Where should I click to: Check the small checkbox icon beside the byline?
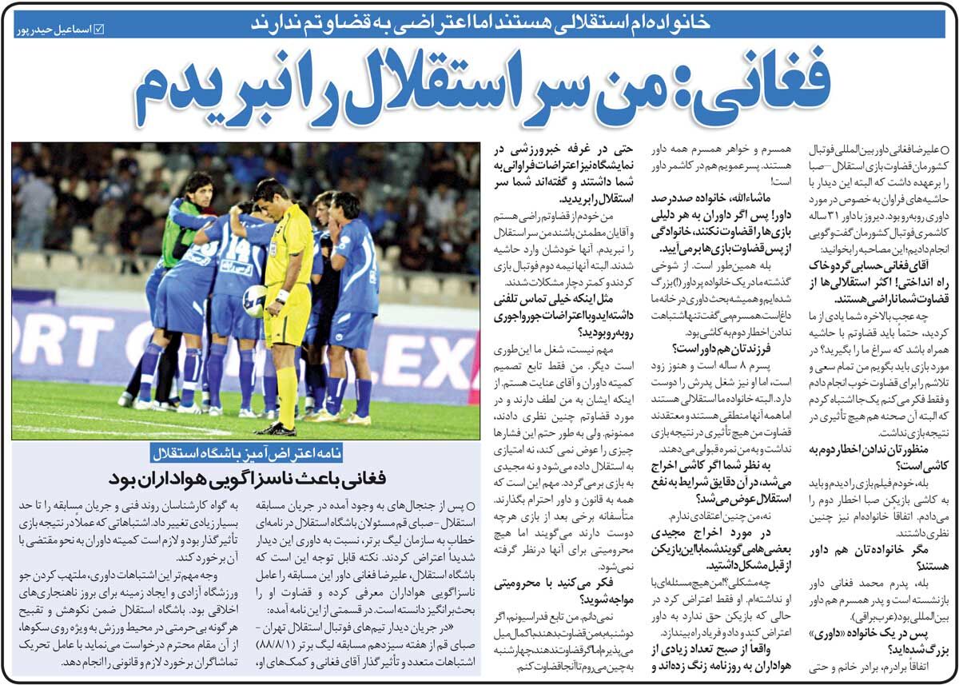99,30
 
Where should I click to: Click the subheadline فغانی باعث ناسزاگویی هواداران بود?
247,479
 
